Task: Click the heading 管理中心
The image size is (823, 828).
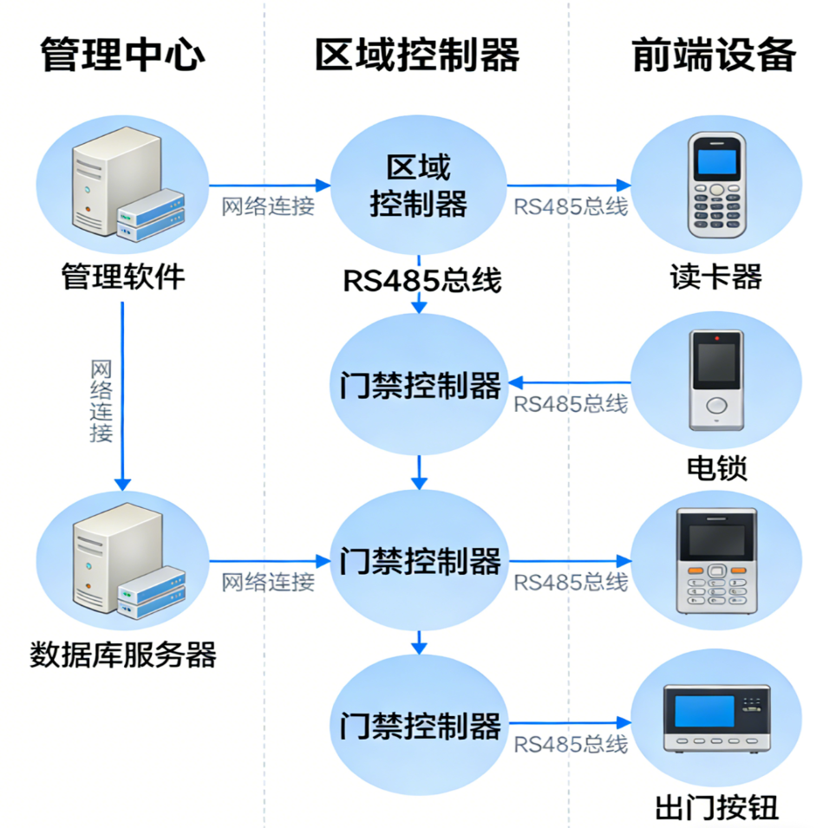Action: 122,55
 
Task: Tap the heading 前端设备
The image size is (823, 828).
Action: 713,55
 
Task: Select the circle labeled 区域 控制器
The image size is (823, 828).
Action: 419,185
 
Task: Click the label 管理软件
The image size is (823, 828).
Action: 122,277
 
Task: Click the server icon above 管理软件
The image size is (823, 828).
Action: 122,185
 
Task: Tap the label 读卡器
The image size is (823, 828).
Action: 715,277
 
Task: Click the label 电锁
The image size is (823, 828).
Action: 715,468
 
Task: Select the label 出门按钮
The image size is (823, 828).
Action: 716,808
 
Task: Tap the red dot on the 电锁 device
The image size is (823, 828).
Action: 716,336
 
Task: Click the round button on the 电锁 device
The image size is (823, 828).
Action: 716,405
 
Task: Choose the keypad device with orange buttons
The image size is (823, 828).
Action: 716,559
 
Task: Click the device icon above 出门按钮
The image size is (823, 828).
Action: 716,719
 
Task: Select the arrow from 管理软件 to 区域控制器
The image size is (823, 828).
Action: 269,185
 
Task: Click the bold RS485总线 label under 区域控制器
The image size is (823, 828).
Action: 422,280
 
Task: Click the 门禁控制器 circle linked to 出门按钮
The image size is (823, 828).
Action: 419,725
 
